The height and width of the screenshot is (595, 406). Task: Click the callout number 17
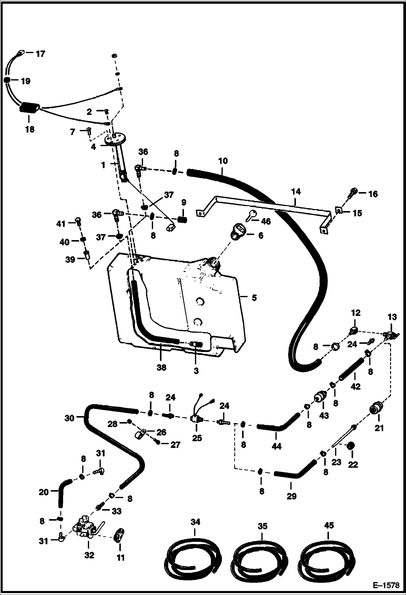[x=40, y=54]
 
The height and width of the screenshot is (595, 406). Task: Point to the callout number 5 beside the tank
[x=254, y=298]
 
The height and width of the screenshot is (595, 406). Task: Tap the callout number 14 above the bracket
[x=296, y=192]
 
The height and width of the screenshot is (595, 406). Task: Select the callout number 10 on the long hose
[x=223, y=161]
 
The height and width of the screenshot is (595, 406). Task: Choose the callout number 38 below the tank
[x=161, y=367]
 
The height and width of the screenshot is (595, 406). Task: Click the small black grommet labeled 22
[x=352, y=446]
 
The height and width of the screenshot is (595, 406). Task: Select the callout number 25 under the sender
[x=197, y=438]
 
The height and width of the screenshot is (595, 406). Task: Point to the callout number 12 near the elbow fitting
[x=356, y=313]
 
